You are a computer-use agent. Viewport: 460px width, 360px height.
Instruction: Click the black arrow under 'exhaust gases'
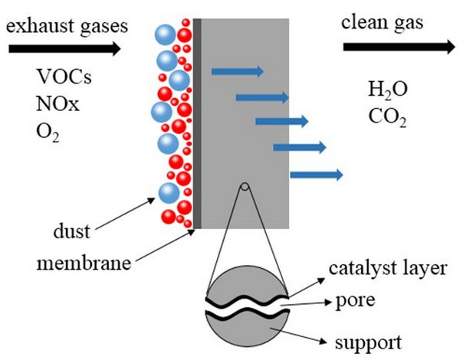point(64,48)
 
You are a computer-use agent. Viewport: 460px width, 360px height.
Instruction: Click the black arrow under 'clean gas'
point(399,47)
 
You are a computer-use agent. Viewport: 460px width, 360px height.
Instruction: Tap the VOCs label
point(64,77)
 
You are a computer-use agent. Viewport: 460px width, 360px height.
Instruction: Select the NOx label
point(58,103)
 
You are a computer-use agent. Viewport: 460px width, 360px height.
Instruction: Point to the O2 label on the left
point(48,133)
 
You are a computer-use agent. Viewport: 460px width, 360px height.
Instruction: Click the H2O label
point(387,90)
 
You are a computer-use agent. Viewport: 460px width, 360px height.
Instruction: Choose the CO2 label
point(387,117)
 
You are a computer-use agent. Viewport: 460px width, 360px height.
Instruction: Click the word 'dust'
point(71,231)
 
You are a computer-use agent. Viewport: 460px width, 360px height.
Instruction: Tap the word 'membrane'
point(84,263)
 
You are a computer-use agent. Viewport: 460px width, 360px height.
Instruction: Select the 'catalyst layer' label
point(387,268)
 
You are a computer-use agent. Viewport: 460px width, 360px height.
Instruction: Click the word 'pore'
point(355,301)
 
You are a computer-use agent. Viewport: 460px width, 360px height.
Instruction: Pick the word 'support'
point(368,342)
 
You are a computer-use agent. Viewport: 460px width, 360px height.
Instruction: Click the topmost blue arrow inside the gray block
point(238,71)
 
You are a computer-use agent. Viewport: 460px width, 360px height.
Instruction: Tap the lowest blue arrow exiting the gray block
point(317,175)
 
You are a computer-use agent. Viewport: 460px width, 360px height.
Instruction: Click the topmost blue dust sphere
point(166,34)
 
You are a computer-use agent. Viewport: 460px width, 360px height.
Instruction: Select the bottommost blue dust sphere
point(169,193)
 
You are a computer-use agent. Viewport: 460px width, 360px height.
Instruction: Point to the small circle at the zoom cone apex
point(245,186)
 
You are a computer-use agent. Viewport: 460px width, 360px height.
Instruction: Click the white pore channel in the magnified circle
point(246,307)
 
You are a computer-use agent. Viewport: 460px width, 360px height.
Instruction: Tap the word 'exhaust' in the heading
point(35,26)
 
